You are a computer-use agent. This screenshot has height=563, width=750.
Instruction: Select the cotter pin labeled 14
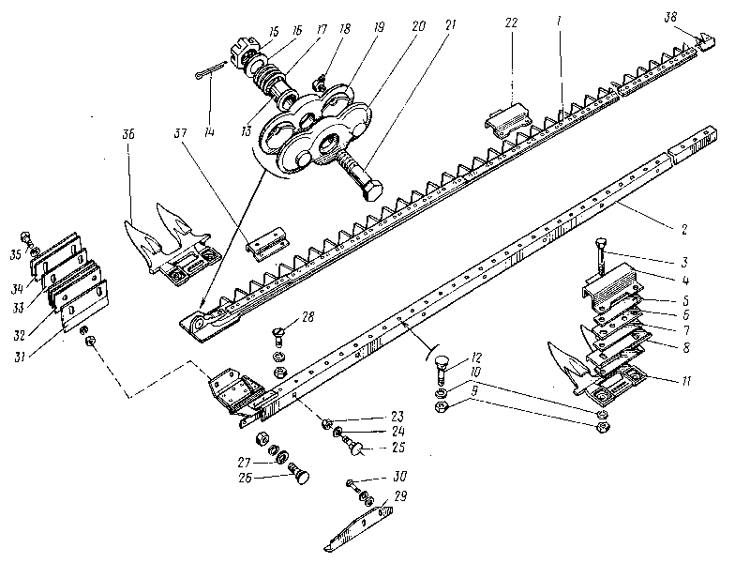(x=207, y=73)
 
